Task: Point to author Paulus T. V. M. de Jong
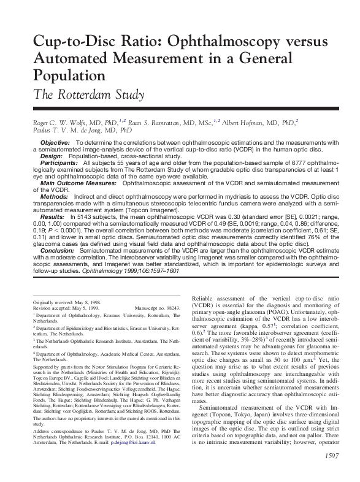(71, 131)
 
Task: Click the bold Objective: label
(55, 142)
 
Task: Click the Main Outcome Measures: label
(79, 183)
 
